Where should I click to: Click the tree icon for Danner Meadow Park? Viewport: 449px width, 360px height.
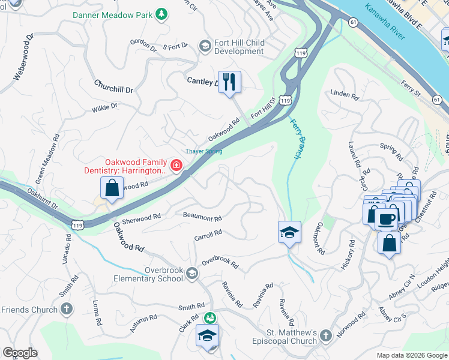pos(161,14)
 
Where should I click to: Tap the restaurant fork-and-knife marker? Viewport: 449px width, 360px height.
pos(229,82)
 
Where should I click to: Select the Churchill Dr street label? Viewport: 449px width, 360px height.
pos(113,89)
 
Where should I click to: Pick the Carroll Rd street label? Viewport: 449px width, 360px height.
pos(208,236)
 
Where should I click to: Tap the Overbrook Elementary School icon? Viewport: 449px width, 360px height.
pos(191,274)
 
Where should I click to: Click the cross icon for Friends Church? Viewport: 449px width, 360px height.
pos(67,310)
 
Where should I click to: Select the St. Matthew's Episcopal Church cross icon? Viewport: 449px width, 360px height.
pos(325,337)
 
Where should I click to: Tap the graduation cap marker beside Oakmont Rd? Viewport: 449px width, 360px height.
pos(289,232)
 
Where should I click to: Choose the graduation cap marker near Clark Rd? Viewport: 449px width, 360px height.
pos(207,335)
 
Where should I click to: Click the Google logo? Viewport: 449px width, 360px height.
pos(20,353)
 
